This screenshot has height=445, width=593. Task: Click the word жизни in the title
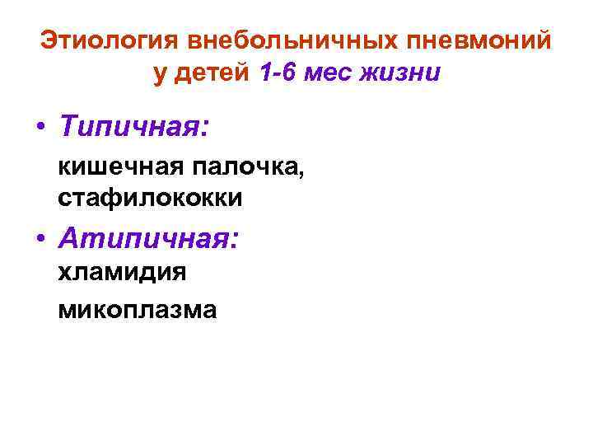pyautogui.click(x=404, y=73)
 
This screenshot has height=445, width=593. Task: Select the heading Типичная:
pyautogui.click(x=134, y=128)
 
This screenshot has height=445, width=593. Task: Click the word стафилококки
pyautogui.click(x=150, y=199)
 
